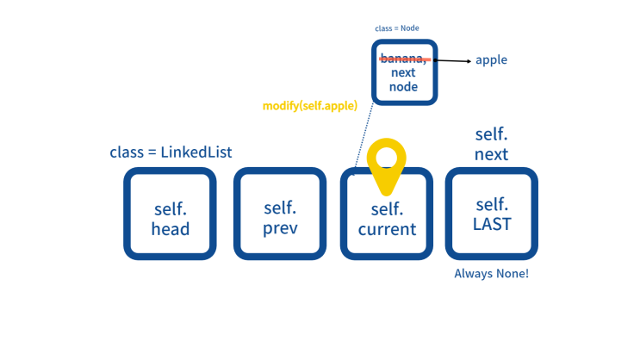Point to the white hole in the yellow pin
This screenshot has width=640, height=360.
(386, 157)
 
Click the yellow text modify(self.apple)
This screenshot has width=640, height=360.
(310, 106)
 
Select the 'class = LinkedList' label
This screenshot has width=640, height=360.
(171, 152)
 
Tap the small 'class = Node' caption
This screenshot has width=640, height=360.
(397, 28)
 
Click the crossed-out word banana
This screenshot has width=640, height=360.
(403, 59)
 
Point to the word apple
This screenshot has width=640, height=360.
(492, 60)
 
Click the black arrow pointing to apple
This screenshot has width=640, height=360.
(452, 61)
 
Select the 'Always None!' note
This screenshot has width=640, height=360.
(492, 274)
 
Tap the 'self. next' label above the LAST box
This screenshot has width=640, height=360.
(492, 144)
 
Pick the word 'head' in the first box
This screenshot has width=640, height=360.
(171, 228)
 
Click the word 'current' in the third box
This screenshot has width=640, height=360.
(387, 229)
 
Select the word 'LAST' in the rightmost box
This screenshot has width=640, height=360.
(492, 224)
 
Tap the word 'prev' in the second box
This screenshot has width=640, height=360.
(280, 228)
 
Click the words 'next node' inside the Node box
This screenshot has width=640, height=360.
(403, 79)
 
